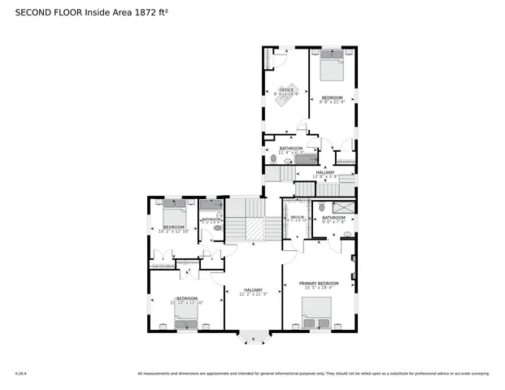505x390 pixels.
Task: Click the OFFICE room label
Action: point(286,89)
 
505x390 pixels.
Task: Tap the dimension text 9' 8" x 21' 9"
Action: point(332,102)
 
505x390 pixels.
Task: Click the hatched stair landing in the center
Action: point(255,230)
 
